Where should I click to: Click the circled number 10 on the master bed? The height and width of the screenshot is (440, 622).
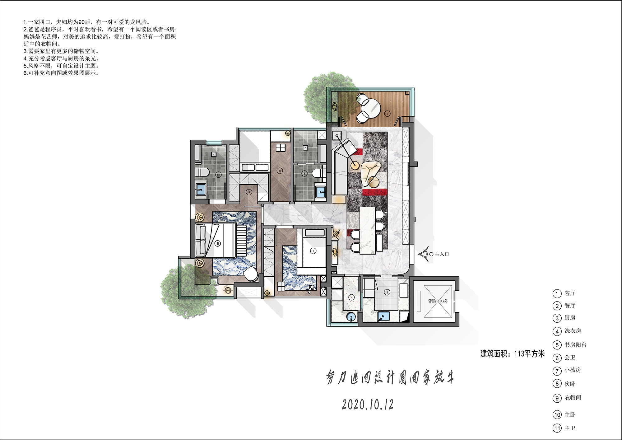tap(218, 243)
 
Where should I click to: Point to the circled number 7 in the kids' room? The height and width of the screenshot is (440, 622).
tap(313, 251)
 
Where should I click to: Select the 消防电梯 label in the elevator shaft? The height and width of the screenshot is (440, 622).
tap(438, 301)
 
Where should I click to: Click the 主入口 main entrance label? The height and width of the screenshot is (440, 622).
tap(442, 254)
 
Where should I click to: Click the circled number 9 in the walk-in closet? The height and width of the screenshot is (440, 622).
tap(249, 192)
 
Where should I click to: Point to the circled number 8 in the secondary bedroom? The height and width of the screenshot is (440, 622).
tap(280, 171)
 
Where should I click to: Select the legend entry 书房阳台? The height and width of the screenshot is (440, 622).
tap(575, 345)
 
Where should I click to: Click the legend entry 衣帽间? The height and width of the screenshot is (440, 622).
tap(573, 398)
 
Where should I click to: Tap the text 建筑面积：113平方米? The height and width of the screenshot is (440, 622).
tap(512, 354)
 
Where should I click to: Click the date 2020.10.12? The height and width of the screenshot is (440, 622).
tap(368, 405)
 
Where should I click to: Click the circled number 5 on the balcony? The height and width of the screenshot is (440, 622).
tap(388, 114)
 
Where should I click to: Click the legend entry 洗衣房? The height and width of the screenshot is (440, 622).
tap(573, 331)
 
